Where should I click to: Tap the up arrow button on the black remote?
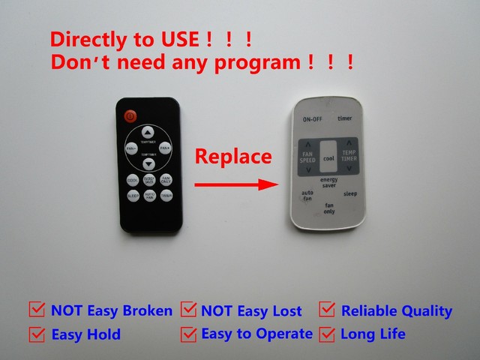pos(148,136)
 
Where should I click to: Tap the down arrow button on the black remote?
pos(148,163)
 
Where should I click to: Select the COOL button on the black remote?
pos(131,180)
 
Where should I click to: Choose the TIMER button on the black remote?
pos(166,196)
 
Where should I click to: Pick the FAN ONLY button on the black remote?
pos(166,180)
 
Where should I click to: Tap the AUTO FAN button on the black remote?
pos(148,196)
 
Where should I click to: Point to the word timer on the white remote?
pos(344,118)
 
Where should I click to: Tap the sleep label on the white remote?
pos(350,193)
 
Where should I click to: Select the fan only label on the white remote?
pos(328,208)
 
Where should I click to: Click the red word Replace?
pos(232,157)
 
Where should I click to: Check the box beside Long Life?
pos(328,333)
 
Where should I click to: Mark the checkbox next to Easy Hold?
pos(36,334)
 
